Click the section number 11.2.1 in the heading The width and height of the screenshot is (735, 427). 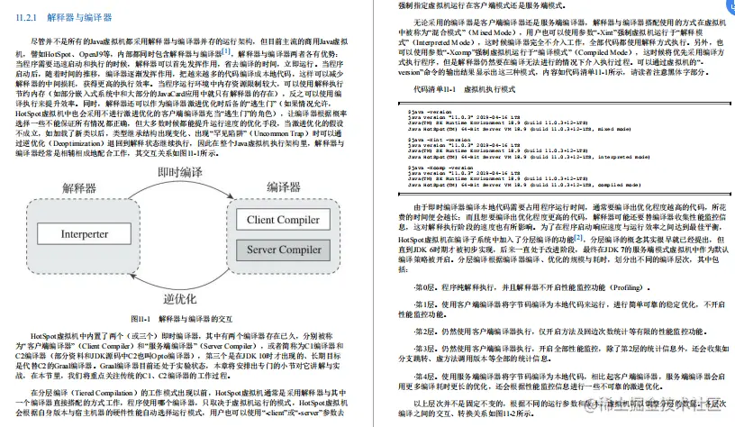29,17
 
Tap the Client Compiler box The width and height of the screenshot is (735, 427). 285,219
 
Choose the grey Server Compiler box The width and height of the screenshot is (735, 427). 285,249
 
